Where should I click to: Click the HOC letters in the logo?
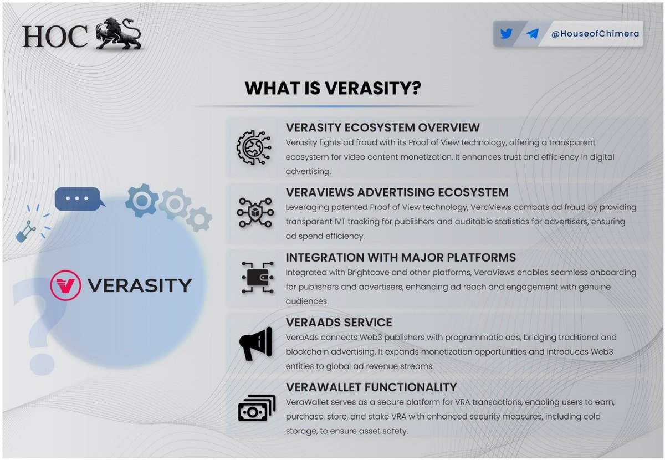click(x=55, y=37)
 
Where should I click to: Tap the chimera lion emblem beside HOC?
click(x=118, y=34)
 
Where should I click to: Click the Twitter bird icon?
click(x=506, y=34)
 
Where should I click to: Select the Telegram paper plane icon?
click(x=533, y=34)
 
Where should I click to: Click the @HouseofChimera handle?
click(x=595, y=34)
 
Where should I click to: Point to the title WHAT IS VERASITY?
click(x=333, y=88)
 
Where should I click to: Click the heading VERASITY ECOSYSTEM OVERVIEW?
click(x=383, y=127)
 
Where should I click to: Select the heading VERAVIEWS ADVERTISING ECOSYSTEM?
click(x=397, y=192)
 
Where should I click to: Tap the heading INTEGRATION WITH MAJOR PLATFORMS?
click(x=401, y=257)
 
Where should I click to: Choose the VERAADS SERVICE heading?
click(x=339, y=322)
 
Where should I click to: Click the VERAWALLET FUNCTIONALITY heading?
click(x=371, y=387)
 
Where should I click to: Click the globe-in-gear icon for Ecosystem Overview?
click(x=254, y=147)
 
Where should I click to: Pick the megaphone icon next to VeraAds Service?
click(x=256, y=344)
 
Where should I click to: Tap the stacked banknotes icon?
click(x=257, y=408)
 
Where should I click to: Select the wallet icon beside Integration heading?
click(x=257, y=277)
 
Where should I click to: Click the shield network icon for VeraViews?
click(x=255, y=213)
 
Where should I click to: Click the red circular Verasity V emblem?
click(x=65, y=285)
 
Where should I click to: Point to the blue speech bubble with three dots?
click(x=80, y=198)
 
